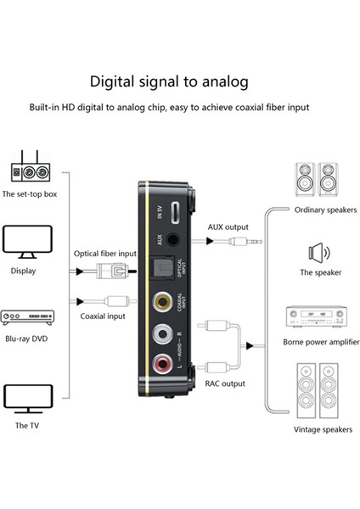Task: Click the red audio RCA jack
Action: pos(162,366)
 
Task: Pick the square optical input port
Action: pos(162,270)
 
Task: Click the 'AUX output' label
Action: pos(228,227)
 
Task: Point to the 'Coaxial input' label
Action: pos(104,317)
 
